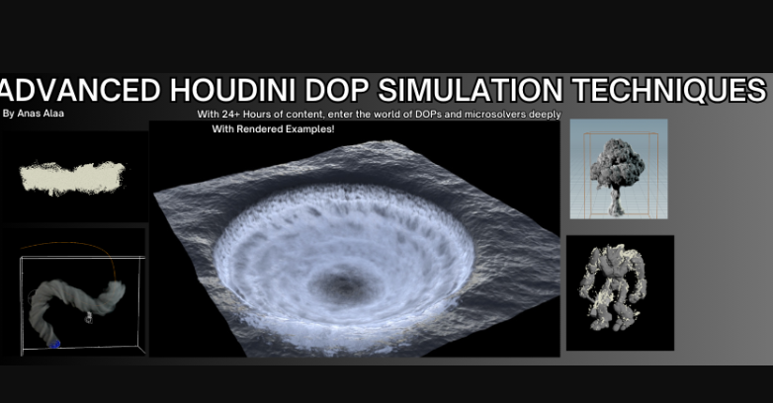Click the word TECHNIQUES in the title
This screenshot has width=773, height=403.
(667, 91)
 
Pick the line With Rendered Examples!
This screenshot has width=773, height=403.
(273, 128)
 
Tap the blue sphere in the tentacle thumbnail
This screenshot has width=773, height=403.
(55, 344)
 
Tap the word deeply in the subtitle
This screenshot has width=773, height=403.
(544, 115)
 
